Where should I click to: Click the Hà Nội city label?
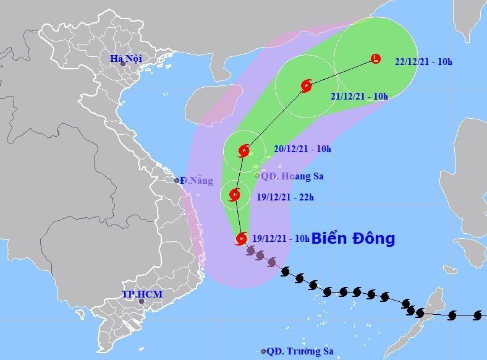pyautogui.click(x=126, y=58)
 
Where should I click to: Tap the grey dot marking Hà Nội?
pyautogui.click(x=122, y=64)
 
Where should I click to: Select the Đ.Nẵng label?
pyautogui.click(x=197, y=181)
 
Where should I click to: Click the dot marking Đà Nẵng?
pyautogui.click(x=177, y=181)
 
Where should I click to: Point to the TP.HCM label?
pyautogui.click(x=142, y=294)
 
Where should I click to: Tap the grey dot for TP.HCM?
pyautogui.click(x=142, y=302)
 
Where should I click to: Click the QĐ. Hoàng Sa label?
pyautogui.click(x=292, y=176)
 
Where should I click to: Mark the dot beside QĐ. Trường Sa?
pyautogui.click(x=263, y=351)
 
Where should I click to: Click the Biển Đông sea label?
pyautogui.click(x=353, y=238)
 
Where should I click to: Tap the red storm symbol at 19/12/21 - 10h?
pyautogui.click(x=241, y=238)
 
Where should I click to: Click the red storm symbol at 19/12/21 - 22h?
pyautogui.click(x=235, y=195)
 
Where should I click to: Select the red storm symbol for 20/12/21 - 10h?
pyautogui.click(x=245, y=150)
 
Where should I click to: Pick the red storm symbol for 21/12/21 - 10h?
pyautogui.click(x=305, y=87)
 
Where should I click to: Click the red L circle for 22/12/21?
pyautogui.click(x=376, y=59)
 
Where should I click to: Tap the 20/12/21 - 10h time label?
pyautogui.click(x=302, y=149)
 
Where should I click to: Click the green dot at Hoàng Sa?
pyautogui.click(x=258, y=176)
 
